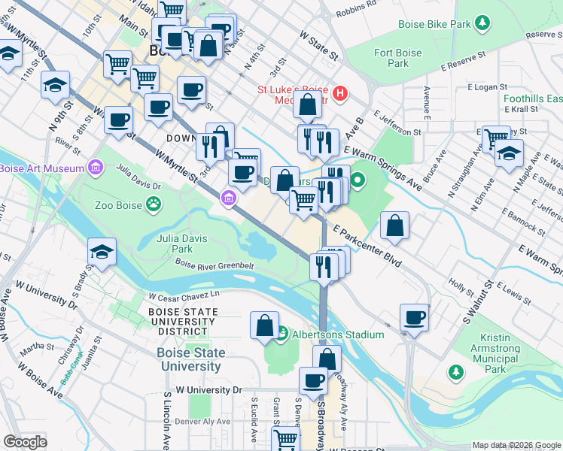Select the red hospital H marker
340,94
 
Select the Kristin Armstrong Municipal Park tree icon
455,372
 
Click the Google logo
25,441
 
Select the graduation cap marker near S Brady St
102,253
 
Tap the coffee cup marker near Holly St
414,316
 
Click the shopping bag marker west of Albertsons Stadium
264,325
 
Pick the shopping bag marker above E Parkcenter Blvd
394,225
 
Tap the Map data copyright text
516,445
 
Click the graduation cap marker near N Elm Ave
510,153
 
